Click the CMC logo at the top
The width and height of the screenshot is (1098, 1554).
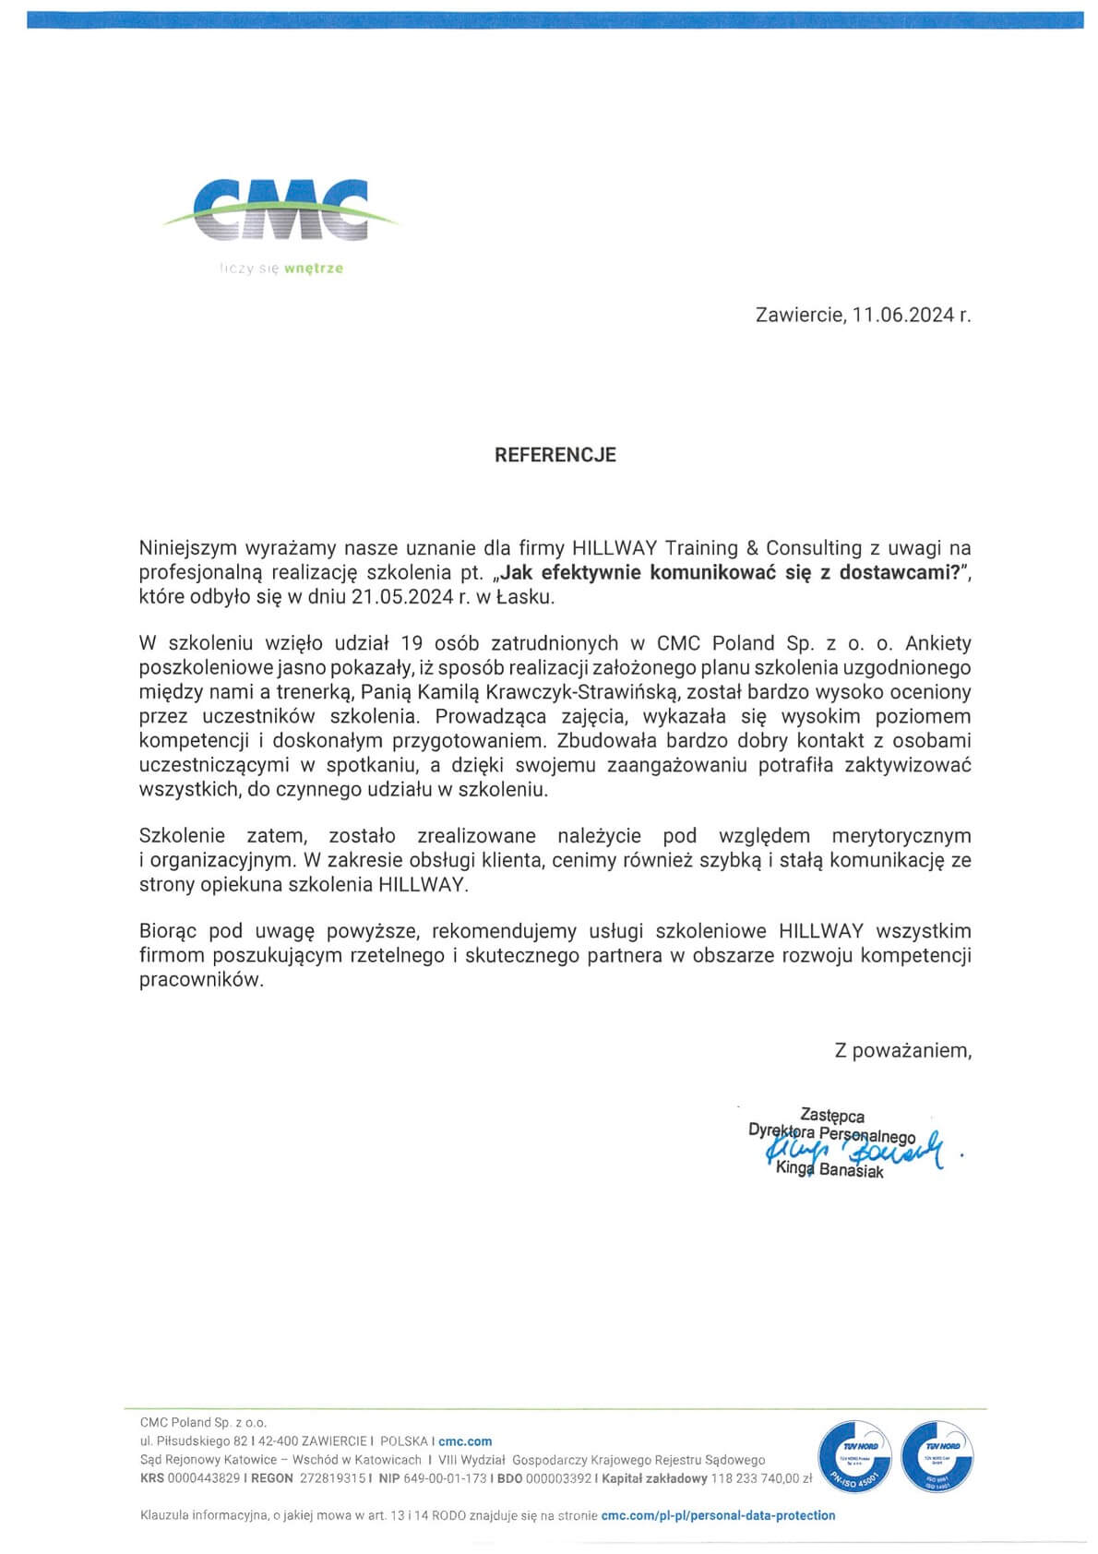281,211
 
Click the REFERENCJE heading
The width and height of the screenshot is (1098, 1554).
555,455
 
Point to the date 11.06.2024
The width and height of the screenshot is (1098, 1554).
902,316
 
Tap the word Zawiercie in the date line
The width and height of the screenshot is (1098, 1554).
798,316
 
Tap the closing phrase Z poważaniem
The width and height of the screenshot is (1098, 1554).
902,1050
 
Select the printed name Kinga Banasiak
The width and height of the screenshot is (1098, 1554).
829,1171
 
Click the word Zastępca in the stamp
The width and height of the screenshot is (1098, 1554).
832,1117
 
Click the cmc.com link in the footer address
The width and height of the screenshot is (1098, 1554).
465,1441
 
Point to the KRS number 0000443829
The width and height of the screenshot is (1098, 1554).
204,1478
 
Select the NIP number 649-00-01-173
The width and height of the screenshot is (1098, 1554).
445,1478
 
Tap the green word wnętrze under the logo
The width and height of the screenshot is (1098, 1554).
314,269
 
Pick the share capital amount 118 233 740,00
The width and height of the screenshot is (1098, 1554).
755,1478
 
